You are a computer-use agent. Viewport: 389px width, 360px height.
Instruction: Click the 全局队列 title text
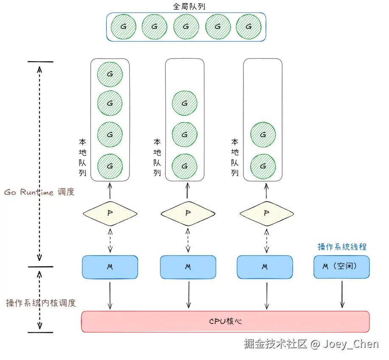click(x=186, y=7)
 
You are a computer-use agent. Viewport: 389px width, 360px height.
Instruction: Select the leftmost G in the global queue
click(x=123, y=26)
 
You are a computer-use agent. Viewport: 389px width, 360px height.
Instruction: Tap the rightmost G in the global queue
click(x=248, y=26)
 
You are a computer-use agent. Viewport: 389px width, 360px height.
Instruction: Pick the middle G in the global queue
click(x=186, y=26)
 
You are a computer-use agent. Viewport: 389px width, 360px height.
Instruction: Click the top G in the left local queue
click(x=110, y=74)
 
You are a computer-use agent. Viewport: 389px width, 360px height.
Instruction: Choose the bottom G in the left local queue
click(x=110, y=166)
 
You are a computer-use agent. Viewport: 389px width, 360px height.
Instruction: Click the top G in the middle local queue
click(x=185, y=104)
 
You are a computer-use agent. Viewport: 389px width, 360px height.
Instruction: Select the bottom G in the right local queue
click(x=263, y=166)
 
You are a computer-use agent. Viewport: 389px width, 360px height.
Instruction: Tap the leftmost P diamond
click(x=110, y=213)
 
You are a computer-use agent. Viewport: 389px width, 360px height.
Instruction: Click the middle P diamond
click(x=188, y=213)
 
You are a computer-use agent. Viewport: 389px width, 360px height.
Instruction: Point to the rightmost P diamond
click(x=266, y=213)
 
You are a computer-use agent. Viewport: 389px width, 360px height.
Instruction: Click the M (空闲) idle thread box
click(x=341, y=267)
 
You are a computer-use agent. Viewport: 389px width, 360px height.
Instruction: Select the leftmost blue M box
click(x=110, y=267)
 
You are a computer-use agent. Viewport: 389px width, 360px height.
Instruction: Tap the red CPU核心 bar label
click(x=225, y=321)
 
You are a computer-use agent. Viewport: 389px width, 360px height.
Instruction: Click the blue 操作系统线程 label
click(x=342, y=247)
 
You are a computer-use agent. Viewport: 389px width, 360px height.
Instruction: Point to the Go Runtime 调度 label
click(x=39, y=192)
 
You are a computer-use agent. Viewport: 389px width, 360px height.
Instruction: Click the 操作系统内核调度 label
click(x=41, y=303)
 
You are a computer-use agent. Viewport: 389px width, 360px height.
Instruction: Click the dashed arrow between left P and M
click(x=110, y=240)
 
